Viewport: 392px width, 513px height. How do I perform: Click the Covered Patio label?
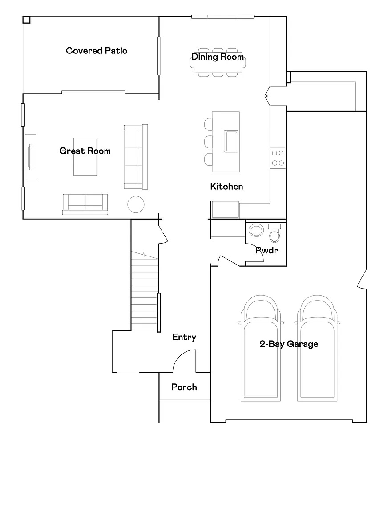[97, 51]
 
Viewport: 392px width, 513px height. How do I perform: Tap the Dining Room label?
[218, 57]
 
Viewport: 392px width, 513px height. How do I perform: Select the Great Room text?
[85, 151]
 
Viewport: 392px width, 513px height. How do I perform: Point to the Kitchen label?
[226, 187]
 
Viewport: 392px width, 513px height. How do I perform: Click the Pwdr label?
[267, 251]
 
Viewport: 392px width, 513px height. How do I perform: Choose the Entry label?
[184, 337]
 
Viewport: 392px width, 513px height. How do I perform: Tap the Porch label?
[184, 387]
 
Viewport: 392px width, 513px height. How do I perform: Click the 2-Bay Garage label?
[289, 344]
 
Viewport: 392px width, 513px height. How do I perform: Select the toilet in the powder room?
[274, 233]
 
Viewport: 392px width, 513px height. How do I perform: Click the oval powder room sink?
[256, 230]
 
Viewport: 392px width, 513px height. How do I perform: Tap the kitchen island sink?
[231, 141]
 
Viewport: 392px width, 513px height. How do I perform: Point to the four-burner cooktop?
[278, 158]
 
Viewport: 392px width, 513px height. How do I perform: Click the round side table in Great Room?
[136, 204]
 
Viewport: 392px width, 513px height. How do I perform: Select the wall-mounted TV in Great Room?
[31, 157]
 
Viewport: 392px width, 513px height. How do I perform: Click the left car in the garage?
[261, 348]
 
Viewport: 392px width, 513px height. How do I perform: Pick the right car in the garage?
[317, 348]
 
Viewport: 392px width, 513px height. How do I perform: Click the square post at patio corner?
[27, 20]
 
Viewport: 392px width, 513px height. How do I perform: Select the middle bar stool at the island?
[208, 142]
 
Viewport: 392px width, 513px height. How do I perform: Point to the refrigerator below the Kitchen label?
[225, 209]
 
